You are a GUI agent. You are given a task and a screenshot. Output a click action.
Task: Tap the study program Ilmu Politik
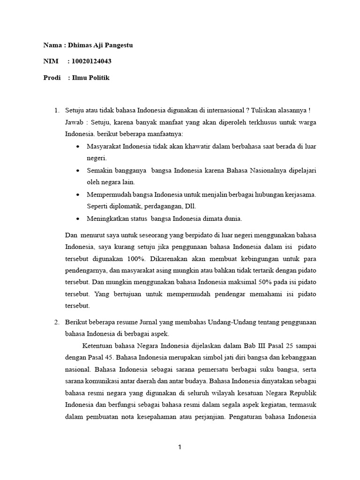pyautogui.click(x=90, y=78)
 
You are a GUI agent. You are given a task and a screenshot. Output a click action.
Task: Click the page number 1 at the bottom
pyautogui.click(x=180, y=448)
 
